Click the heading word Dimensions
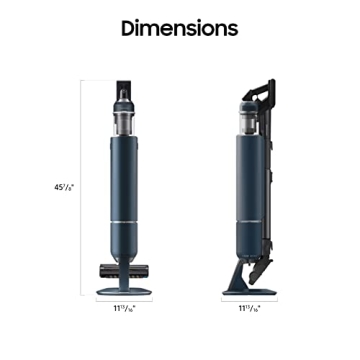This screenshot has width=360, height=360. tap(180, 29)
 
